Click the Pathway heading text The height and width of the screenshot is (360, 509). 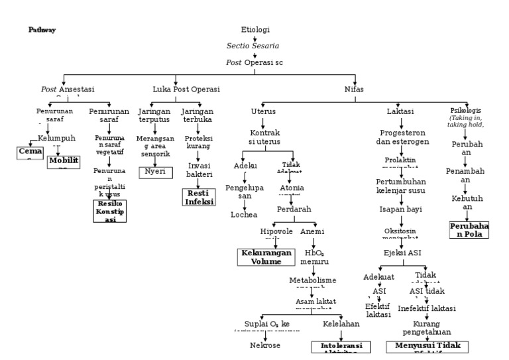click(42, 30)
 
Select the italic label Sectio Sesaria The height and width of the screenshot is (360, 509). click(253, 46)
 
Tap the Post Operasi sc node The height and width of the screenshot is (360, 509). click(254, 62)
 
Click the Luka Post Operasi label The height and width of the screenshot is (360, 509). click(186, 89)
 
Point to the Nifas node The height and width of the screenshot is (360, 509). click(354, 89)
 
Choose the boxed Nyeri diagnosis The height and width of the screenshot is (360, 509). click(155, 172)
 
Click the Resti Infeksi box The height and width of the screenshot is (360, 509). click(199, 197)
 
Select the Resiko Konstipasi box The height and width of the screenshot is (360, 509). click(109, 210)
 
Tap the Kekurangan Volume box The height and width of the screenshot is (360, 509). click(265, 257)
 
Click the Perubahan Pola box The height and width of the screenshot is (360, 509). click(469, 229)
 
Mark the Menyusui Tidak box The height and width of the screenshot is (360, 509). click(427, 347)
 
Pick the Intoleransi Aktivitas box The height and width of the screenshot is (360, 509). click(338, 347)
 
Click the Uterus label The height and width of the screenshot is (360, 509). click(263, 111)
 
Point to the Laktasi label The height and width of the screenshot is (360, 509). click(400, 111)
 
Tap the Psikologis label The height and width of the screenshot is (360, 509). click(466, 110)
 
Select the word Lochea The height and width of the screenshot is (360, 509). click(243, 215)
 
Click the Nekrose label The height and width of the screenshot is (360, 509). click(265, 345)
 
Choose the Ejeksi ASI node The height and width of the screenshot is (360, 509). click(402, 253)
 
